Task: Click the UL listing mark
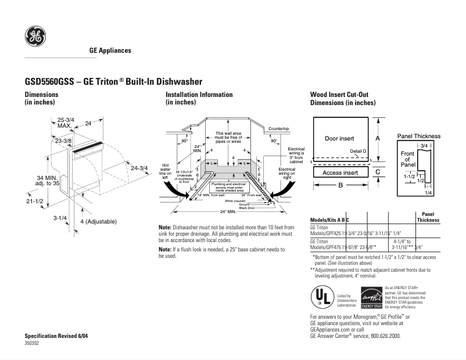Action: pyautogui.click(x=322, y=297)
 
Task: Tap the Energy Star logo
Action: pyautogui.click(x=371, y=297)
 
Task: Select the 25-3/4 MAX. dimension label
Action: pyautogui.click(x=64, y=123)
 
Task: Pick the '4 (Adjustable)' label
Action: pyautogui.click(x=98, y=221)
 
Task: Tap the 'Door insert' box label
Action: pyautogui.click(x=339, y=138)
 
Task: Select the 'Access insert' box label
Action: pyautogui.click(x=340, y=172)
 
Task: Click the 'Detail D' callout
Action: pyautogui.click(x=358, y=151)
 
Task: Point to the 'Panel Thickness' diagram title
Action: pyautogui.click(x=418, y=136)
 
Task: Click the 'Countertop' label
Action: pyautogui.click(x=279, y=128)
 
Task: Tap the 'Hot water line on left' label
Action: pyautogui.click(x=164, y=168)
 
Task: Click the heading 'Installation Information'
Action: pyautogui.click(x=199, y=94)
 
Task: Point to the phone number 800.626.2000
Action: pyautogui.click(x=383, y=336)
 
